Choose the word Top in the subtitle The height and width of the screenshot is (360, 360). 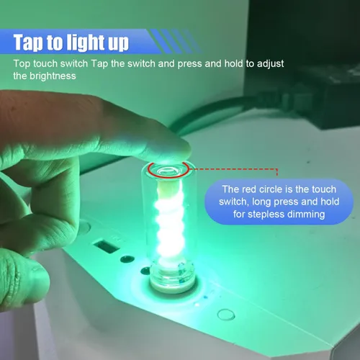click(x=21, y=63)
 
